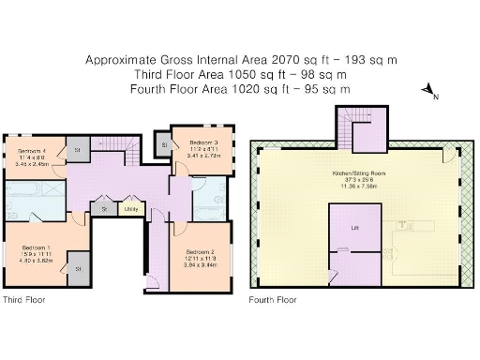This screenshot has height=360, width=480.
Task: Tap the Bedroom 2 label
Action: pos(200,252)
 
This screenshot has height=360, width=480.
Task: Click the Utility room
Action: pos(130,208)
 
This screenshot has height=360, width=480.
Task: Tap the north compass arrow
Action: pos(427,91)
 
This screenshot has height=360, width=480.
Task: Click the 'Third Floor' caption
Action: pos(22,301)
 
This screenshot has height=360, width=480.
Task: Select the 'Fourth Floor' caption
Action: pos(273,301)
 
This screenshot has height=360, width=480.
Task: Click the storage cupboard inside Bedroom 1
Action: pos(78,267)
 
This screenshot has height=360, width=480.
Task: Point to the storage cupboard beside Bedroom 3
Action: pos(165,144)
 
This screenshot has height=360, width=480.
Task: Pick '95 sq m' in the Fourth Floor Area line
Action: pos(330,89)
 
